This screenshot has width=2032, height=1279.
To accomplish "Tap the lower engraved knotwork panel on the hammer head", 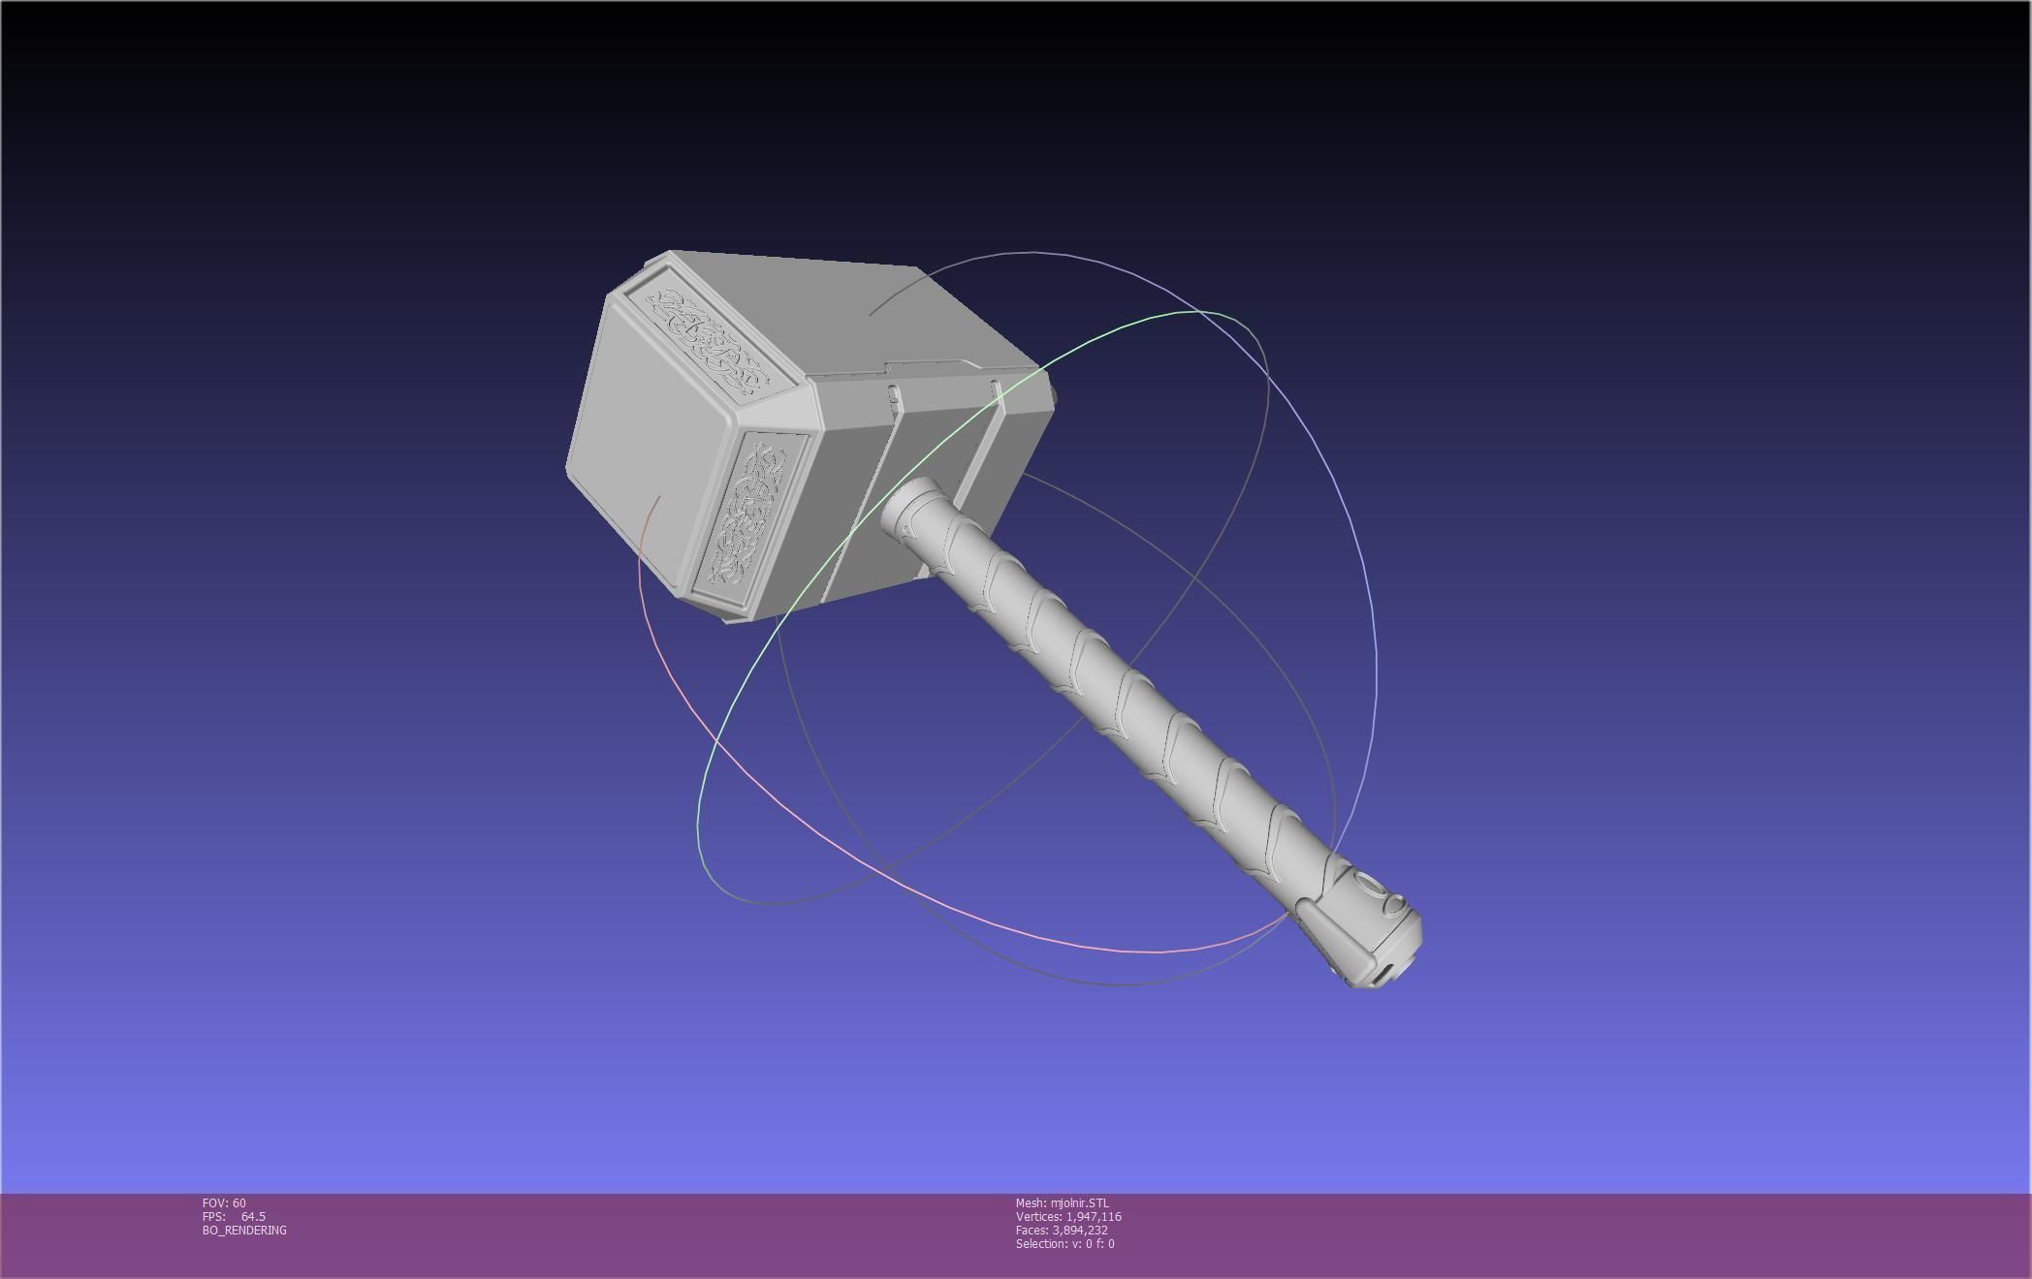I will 749,513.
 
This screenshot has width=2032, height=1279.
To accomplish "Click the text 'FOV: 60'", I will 224,1203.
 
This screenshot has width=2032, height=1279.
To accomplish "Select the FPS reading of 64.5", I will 234,1217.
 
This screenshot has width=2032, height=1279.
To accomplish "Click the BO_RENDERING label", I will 244,1231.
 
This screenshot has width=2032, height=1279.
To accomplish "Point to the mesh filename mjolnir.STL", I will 1062,1203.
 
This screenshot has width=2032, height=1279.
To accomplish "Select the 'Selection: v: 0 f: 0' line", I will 1064,1244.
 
